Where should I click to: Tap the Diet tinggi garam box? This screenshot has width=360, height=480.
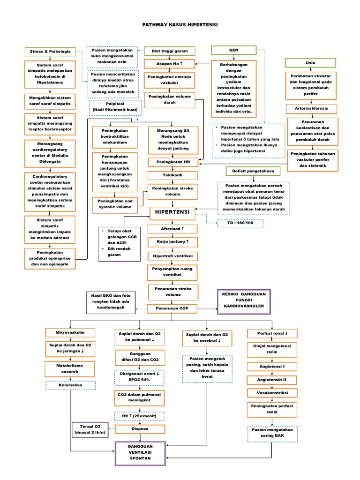169,51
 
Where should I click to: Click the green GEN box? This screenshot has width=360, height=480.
233,50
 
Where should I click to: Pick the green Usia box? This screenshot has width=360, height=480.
310,62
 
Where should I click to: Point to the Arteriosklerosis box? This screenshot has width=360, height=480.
310,108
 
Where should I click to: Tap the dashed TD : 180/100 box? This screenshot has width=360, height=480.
240,224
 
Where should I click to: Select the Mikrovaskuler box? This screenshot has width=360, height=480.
70,332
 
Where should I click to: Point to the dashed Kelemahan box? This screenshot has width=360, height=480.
70,385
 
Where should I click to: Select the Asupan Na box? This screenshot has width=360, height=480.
169,64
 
